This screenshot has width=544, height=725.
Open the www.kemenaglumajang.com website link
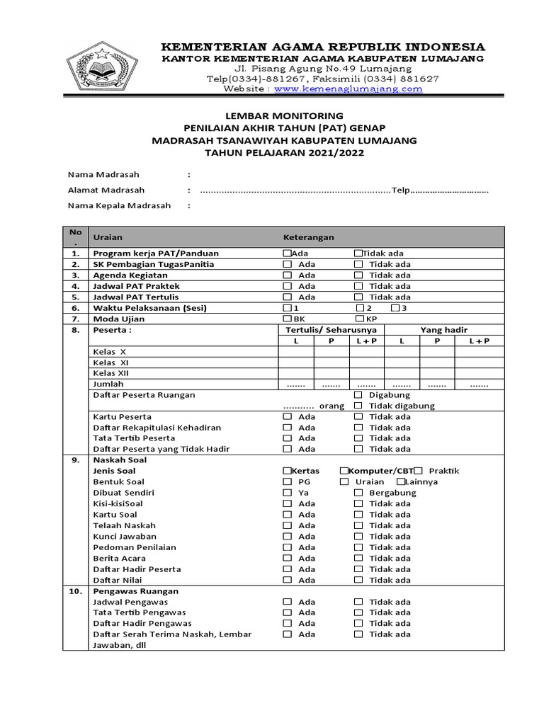pyautogui.click(x=348, y=89)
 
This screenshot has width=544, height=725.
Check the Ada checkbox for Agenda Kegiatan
pyautogui.click(x=287, y=275)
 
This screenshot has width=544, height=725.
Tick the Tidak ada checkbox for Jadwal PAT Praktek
pyautogui.click(x=358, y=286)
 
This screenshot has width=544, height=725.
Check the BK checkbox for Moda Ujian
pyautogui.click(x=287, y=319)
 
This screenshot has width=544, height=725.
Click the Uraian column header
pyautogui.click(x=108, y=238)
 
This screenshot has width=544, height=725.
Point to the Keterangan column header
pyautogui.click(x=309, y=238)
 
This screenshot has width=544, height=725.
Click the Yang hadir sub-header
pyautogui.click(x=444, y=330)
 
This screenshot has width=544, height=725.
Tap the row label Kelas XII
pyautogui.click(x=111, y=373)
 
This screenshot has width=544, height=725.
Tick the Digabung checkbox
pyautogui.click(x=358, y=395)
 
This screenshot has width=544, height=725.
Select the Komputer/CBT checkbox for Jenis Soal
pyautogui.click(x=344, y=471)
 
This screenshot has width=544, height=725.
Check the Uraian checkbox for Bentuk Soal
pyautogui.click(x=344, y=481)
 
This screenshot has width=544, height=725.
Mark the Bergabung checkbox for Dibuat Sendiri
pyautogui.click(x=358, y=493)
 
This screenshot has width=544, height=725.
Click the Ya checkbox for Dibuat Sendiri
pyautogui.click(x=287, y=493)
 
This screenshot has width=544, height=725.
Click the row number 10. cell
pyautogui.click(x=75, y=590)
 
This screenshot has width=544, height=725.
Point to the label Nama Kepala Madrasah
pyautogui.click(x=119, y=206)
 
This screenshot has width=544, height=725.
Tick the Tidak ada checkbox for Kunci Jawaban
pyautogui.click(x=358, y=536)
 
